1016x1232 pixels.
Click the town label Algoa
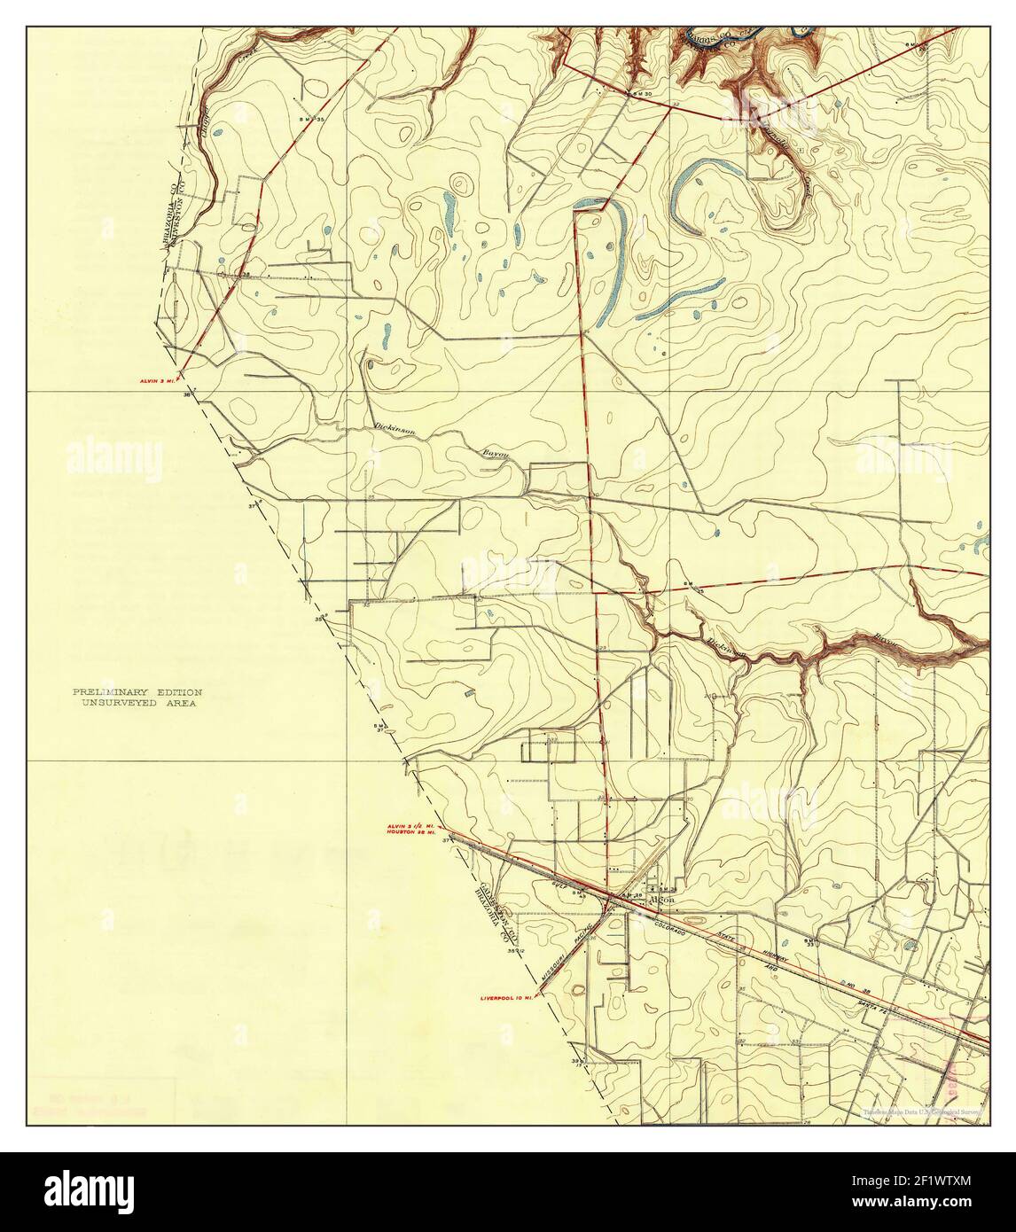coord(662,899)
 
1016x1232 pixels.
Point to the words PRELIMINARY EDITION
coord(137,691)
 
